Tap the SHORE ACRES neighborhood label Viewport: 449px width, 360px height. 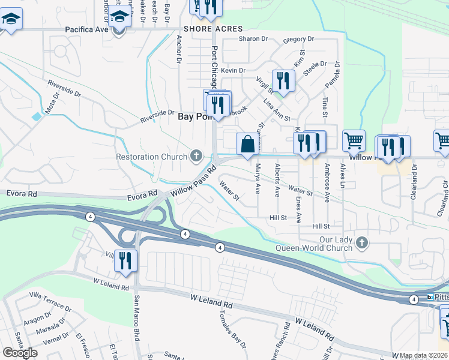pyautogui.click(x=213, y=29)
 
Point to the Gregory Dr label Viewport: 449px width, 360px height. pyautogui.click(x=298, y=39)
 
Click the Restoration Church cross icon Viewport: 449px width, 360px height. pyautogui.click(x=195, y=157)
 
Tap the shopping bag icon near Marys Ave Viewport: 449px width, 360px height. pyautogui.click(x=247, y=145)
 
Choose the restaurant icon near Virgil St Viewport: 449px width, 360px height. pyautogui.click(x=283, y=80)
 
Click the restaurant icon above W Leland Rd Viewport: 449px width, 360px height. pyautogui.click(x=125, y=260)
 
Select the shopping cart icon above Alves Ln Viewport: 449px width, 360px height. pyautogui.click(x=354, y=141)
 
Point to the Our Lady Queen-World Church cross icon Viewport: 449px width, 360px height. pyautogui.click(x=361, y=242)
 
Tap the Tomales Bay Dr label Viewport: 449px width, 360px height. pyautogui.click(x=232, y=329)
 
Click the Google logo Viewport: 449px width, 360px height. pyautogui.click(x=20, y=353)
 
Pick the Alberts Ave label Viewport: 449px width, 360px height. pyautogui.click(x=277, y=179)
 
